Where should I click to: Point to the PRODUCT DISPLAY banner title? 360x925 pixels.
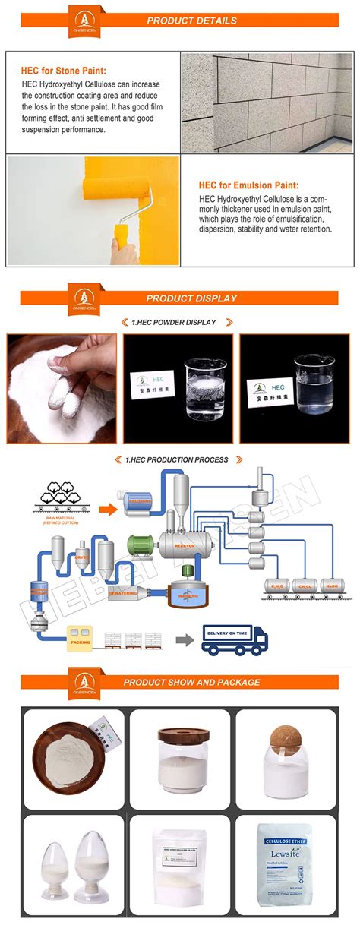click(191, 298)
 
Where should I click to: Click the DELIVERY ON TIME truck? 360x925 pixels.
click(236, 638)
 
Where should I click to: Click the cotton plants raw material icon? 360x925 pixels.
click(61, 494)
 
